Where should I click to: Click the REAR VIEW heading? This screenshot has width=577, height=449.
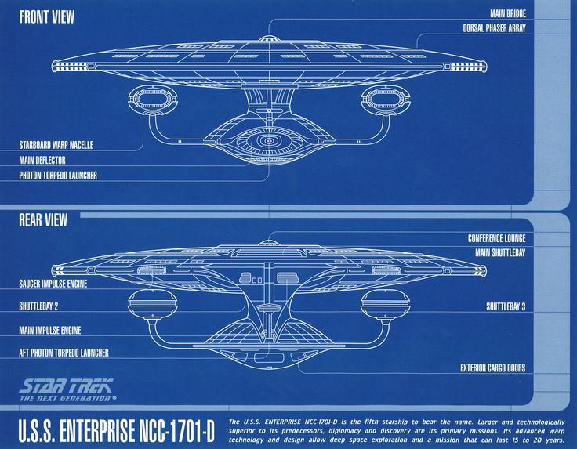(x=43, y=220)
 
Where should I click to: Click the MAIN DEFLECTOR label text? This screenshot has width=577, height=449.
(x=42, y=160)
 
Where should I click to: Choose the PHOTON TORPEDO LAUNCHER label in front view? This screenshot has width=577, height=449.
(x=58, y=176)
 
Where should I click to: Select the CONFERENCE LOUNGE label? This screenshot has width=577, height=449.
(x=496, y=238)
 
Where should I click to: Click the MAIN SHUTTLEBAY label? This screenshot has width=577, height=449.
(x=499, y=253)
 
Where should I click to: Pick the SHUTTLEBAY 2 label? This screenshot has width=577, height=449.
(x=39, y=306)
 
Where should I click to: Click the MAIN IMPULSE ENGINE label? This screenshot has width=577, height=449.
(x=50, y=330)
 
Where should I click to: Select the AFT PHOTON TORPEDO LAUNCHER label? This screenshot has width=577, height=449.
(x=64, y=353)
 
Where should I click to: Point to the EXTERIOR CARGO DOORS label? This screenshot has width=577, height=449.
(x=492, y=368)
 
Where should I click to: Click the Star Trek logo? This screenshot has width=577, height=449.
(x=67, y=389)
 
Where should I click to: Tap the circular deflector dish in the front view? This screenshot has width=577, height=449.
(x=270, y=141)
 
